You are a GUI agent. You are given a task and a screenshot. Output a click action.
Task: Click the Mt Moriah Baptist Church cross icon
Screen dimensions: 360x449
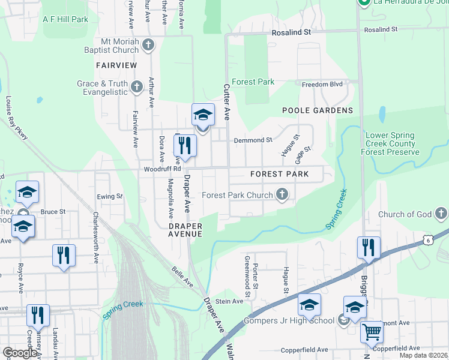148,44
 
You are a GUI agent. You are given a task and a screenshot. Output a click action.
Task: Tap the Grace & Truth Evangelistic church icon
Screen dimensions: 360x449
136,88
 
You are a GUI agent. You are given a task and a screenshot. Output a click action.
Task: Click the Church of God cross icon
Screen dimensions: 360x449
441,214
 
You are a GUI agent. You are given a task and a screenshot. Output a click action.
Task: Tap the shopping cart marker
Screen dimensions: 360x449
372,331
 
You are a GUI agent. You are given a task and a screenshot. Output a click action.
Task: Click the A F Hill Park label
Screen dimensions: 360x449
65,19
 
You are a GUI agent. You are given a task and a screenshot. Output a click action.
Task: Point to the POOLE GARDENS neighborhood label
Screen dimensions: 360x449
318,110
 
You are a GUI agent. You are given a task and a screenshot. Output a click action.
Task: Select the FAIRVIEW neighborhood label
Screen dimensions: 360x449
116,64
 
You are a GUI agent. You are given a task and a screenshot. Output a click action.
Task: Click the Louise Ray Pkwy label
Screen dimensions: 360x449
17,118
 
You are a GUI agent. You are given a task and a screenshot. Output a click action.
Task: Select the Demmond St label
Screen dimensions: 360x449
253,140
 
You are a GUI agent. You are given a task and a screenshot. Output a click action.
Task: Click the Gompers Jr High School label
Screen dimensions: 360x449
289,320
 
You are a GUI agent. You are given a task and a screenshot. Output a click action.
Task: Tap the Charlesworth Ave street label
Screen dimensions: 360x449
95,236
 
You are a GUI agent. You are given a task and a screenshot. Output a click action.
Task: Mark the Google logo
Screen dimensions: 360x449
20,353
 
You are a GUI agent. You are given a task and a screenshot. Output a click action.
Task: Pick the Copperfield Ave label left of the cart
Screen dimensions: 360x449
305,349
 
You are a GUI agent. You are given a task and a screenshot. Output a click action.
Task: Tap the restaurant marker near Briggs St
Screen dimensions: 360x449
368,247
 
